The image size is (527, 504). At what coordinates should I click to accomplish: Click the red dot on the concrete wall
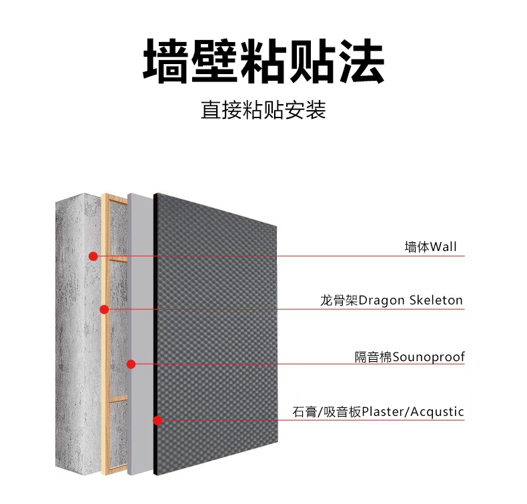pos(93,256)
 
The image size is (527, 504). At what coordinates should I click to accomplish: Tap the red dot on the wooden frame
pos(104,309)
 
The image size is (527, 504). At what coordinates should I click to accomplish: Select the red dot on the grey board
pos(131,364)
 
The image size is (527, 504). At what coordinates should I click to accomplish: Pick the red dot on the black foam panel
pos(157,421)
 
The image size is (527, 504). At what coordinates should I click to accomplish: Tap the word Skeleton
pos(436,300)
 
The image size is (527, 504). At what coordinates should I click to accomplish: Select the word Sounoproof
pos(428,357)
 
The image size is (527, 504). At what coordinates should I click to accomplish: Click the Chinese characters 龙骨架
pos(340,300)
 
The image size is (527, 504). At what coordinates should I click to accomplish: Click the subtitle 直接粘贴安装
pos(263,109)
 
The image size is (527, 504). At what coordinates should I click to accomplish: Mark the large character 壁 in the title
pos(215,61)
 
